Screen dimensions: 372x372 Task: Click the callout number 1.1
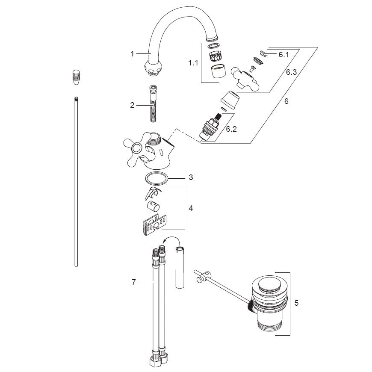pyautogui.click(x=193, y=63)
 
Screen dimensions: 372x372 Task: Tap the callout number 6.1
pyautogui.click(x=283, y=55)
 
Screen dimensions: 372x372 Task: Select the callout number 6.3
pyautogui.click(x=291, y=72)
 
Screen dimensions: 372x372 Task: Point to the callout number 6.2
pyautogui.click(x=231, y=129)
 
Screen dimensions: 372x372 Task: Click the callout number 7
pyautogui.click(x=133, y=282)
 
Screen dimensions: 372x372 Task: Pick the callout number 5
pyautogui.click(x=296, y=303)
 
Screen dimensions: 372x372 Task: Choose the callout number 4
pyautogui.click(x=191, y=208)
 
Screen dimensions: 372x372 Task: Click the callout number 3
pyautogui.click(x=191, y=177)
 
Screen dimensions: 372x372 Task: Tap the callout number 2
pyautogui.click(x=132, y=105)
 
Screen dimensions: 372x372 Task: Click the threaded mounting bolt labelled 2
pyautogui.click(x=154, y=103)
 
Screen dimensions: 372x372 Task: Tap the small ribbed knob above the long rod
pyautogui.click(x=76, y=77)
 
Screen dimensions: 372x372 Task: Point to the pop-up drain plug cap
pyautogui.click(x=268, y=284)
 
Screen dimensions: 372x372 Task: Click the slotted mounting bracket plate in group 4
pyautogui.click(x=154, y=224)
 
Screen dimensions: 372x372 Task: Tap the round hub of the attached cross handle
pyautogui.click(x=136, y=149)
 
